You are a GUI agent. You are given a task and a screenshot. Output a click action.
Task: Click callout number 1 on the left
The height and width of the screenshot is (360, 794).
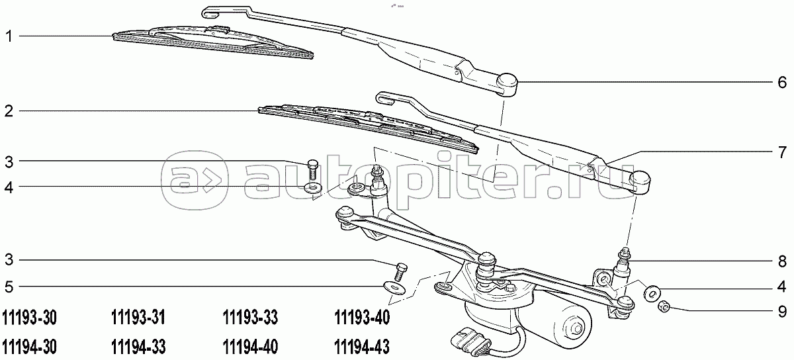pyautogui.click(x=9, y=37)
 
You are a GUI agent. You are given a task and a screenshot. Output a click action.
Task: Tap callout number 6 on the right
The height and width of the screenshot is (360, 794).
pyautogui.click(x=781, y=83)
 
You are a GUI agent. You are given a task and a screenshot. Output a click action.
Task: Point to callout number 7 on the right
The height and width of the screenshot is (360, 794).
pyautogui.click(x=781, y=150)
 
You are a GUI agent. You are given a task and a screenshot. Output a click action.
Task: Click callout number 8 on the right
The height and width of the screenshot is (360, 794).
pyautogui.click(x=781, y=260)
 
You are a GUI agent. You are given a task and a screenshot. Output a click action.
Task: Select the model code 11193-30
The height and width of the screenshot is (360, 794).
pyautogui.click(x=30, y=319)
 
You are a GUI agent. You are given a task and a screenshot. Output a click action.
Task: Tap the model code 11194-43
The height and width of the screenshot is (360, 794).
pyautogui.click(x=362, y=346)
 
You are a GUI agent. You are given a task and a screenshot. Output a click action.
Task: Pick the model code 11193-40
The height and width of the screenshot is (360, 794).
pyautogui.click(x=362, y=319)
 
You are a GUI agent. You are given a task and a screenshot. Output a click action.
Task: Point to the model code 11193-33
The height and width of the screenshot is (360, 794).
pyautogui.click(x=249, y=319)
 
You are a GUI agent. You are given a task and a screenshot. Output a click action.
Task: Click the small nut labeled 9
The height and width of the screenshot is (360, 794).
pyautogui.click(x=665, y=306)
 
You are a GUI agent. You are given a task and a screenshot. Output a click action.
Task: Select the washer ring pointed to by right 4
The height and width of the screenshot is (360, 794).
pyautogui.click(x=652, y=290)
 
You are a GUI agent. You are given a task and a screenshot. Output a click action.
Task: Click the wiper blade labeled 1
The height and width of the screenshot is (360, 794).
pyautogui.click(x=212, y=41)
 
